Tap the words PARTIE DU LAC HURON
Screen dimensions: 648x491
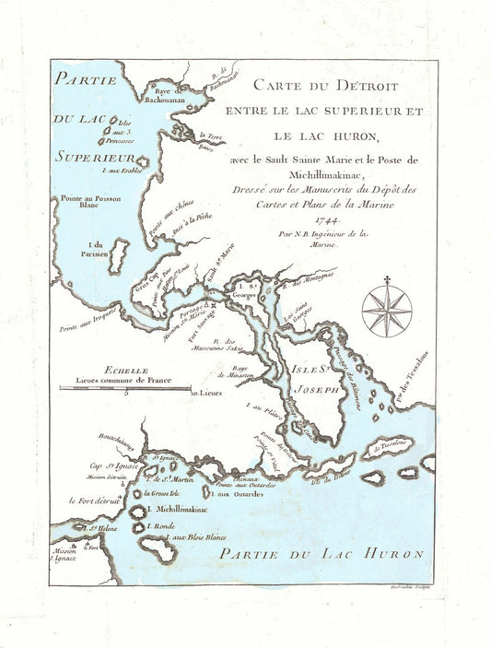point(321,553)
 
